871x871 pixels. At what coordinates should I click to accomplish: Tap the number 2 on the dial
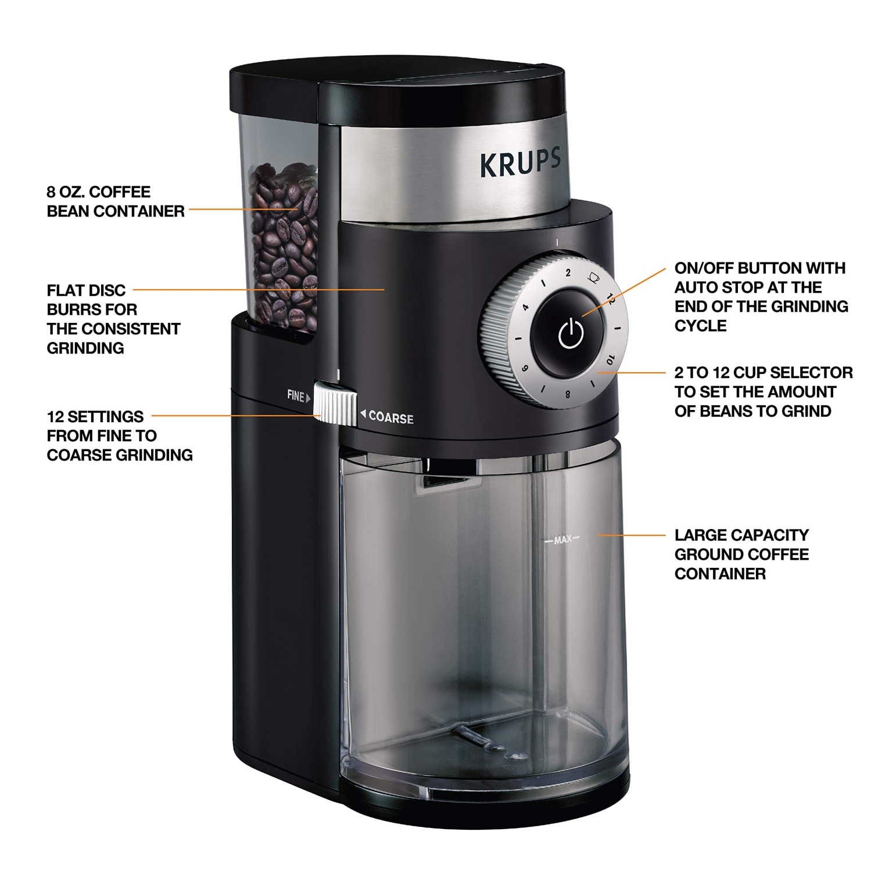(x=568, y=272)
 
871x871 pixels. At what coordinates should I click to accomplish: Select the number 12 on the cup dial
(x=611, y=298)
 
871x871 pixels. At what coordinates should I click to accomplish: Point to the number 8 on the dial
(x=568, y=395)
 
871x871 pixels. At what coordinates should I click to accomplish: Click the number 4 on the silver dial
(x=525, y=307)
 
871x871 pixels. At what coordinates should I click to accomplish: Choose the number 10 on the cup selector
(x=610, y=359)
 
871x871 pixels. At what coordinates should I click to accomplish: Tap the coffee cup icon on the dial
(x=593, y=278)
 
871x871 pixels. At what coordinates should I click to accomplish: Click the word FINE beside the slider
(x=296, y=396)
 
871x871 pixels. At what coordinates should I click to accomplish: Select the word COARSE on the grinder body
(x=391, y=418)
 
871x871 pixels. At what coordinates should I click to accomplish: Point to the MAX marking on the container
(x=562, y=540)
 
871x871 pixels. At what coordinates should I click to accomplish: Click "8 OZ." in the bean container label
(x=65, y=192)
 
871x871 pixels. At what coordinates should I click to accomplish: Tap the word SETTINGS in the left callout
(x=105, y=416)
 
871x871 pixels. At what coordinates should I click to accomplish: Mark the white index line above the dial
(x=557, y=243)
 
